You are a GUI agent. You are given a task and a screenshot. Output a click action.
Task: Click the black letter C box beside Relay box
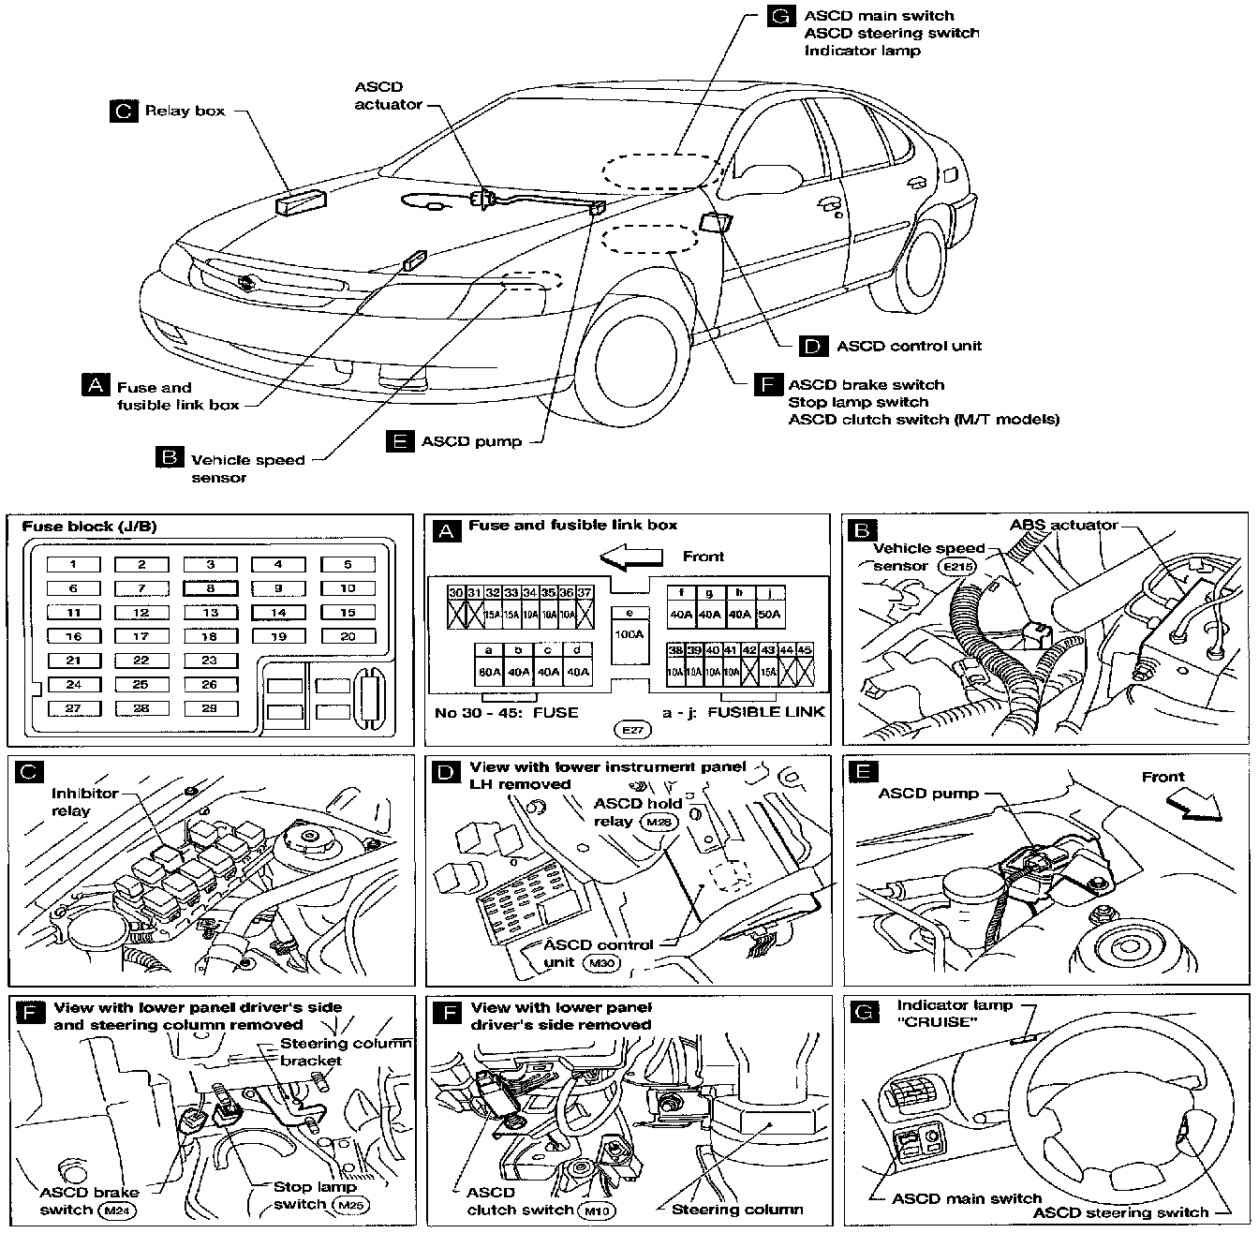coord(124,111)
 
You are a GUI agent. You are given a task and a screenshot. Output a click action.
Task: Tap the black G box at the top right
coord(781,16)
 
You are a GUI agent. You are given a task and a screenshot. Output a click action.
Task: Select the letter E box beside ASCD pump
coord(401,440)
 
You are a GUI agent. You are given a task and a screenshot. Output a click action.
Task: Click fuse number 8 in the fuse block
coord(211,588)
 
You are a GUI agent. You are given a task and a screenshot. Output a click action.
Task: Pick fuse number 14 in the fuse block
coord(278,613)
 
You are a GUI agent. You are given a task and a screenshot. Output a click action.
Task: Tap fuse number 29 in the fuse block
coord(210,708)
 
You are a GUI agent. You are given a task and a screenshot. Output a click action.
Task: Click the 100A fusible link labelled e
coord(629,634)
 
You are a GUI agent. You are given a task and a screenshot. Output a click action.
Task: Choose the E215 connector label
coord(960,566)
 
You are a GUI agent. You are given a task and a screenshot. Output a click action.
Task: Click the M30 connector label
coord(600,962)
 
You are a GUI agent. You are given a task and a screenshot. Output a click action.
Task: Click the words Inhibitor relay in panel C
coord(84,802)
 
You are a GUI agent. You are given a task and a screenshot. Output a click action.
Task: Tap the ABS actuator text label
coord(1063,525)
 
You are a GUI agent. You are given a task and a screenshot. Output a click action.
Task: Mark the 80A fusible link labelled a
coord(488,671)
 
